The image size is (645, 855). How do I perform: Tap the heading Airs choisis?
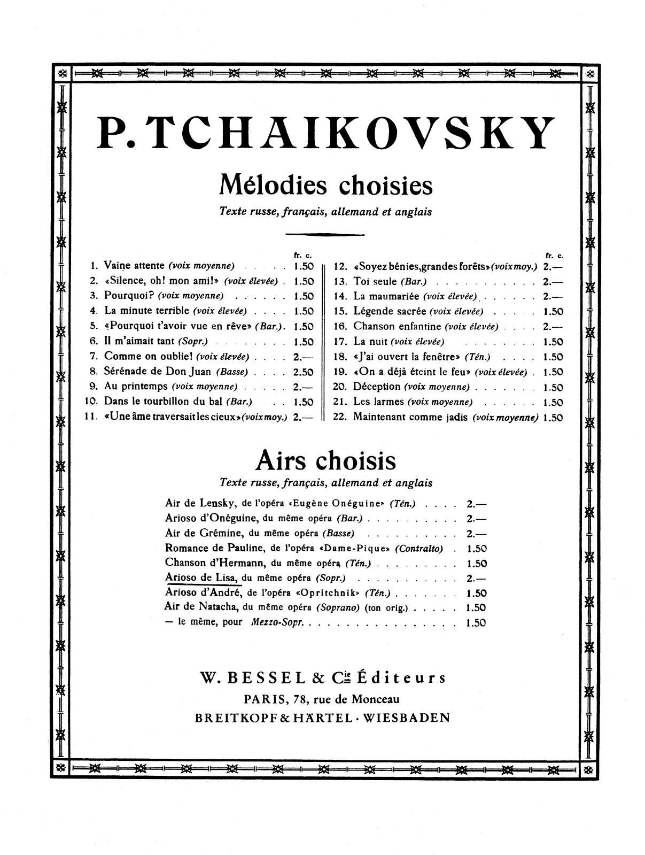(326, 459)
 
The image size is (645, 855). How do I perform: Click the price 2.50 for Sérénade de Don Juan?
(304, 372)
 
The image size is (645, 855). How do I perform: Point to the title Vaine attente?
(134, 265)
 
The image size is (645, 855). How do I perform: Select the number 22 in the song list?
(340, 418)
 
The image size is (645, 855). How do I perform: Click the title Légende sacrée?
(390, 311)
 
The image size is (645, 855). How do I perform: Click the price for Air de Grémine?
(476, 533)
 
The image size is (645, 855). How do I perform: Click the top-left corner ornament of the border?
(61, 73)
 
